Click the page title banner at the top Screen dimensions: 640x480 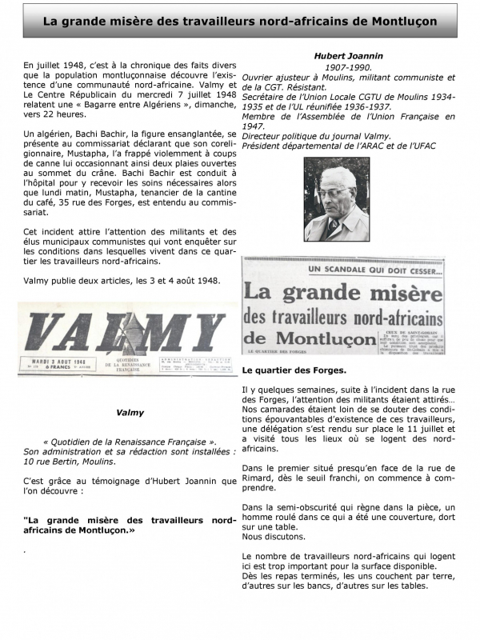[x=240, y=22]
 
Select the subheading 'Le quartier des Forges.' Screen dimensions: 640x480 [x=294, y=370]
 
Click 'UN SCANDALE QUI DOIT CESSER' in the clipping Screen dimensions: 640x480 [x=344, y=268]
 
